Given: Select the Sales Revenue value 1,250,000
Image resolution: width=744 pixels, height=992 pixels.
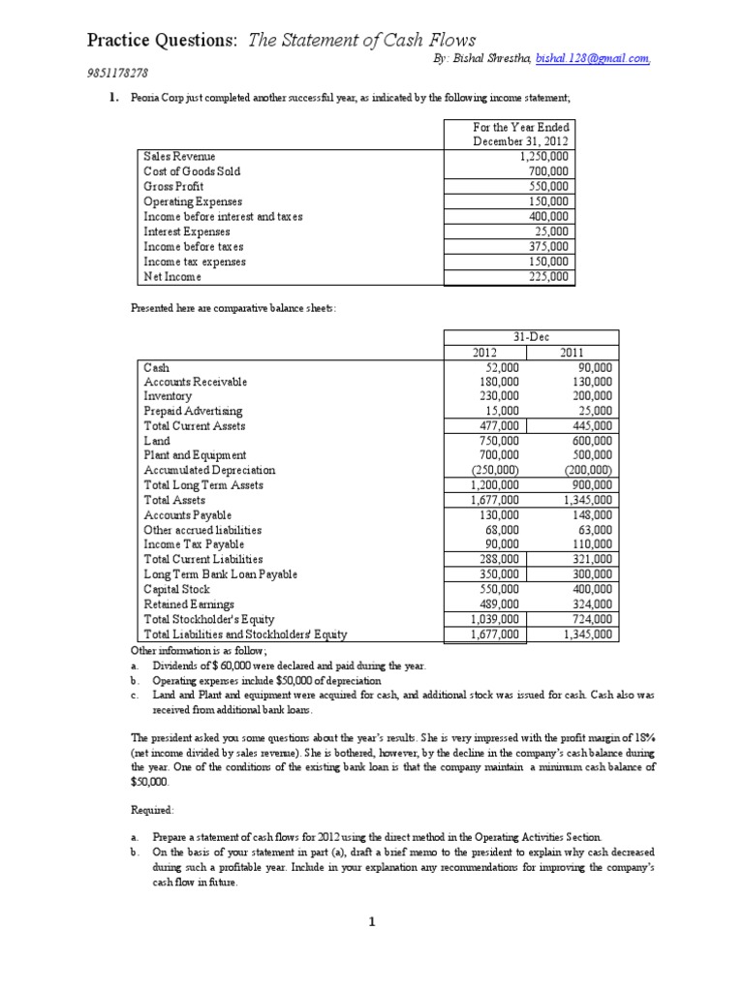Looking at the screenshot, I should click(x=543, y=156).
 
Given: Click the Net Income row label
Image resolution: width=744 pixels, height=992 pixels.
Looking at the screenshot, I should click(x=172, y=277).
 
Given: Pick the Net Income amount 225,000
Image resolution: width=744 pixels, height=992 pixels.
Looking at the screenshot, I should click(x=548, y=277).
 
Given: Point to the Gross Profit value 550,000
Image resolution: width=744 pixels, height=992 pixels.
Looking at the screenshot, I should click(x=548, y=186).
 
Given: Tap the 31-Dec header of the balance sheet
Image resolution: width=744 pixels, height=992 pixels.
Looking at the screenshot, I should click(x=531, y=336).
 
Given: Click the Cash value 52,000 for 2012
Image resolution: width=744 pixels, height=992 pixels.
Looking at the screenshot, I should click(x=501, y=368).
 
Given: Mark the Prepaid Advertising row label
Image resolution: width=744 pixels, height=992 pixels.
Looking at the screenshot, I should click(x=193, y=411).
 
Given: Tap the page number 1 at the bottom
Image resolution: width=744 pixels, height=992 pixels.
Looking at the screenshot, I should click(x=372, y=923).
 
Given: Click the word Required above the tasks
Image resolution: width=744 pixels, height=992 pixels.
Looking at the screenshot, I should click(x=153, y=810).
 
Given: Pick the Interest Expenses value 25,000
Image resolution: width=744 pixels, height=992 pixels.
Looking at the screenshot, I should click(x=552, y=232).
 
